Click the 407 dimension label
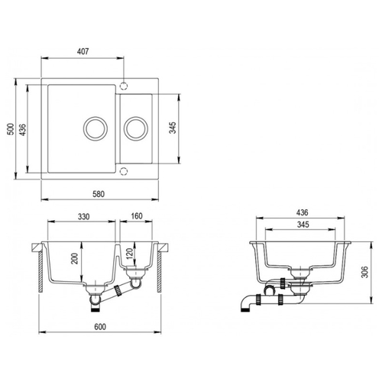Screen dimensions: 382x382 (x=83, y=51)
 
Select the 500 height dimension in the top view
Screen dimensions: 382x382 (x=11, y=129)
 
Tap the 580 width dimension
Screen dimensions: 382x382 (x=99, y=194)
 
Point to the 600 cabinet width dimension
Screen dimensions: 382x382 (x=100, y=327)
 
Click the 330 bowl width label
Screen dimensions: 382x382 (x=83, y=217)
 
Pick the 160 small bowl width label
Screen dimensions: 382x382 (x=137, y=216)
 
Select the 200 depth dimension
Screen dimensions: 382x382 (x=76, y=258)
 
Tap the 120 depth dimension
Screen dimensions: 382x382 (x=130, y=254)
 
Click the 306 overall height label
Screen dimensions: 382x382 (x=365, y=272)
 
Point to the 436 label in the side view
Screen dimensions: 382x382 (x=302, y=212)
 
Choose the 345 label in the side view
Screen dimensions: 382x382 (x=303, y=225)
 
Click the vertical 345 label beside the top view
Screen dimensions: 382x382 (x=173, y=128)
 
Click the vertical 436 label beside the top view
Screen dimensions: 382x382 (x=23, y=130)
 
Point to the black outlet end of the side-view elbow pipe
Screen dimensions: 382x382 (x=244, y=309)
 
